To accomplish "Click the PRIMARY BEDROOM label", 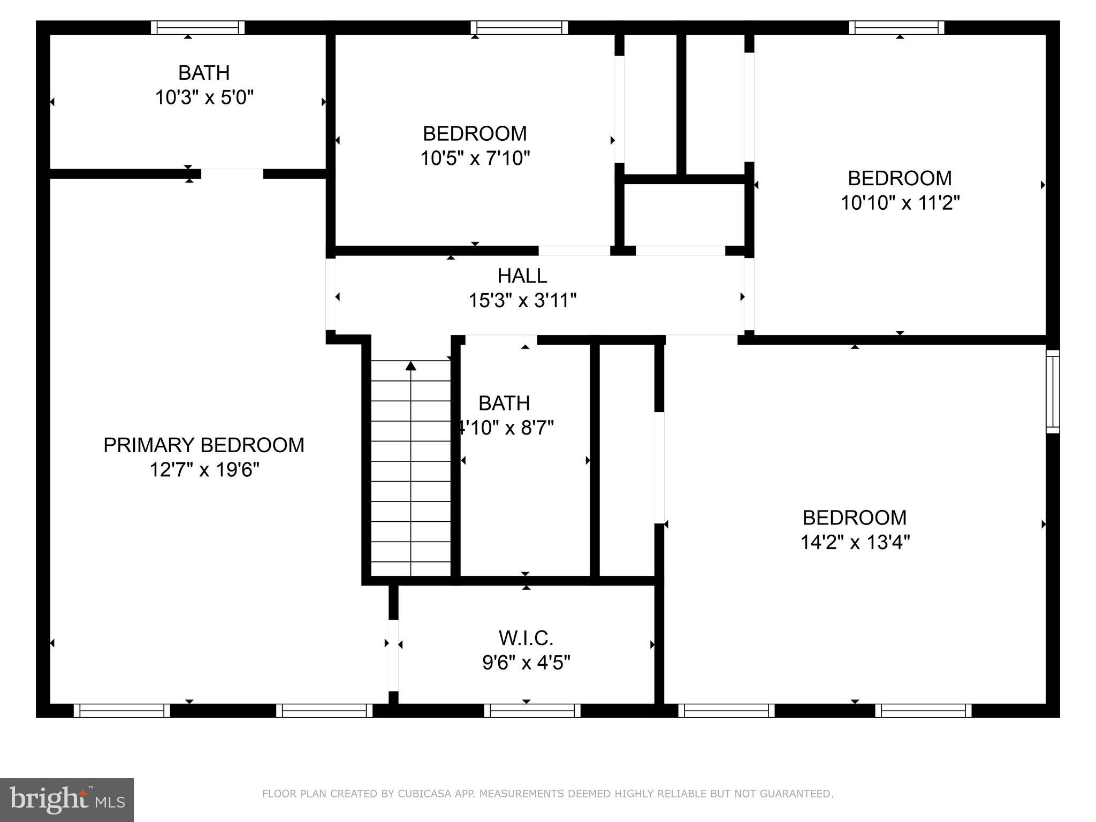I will (203, 445).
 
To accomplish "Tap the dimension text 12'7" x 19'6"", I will (204, 470).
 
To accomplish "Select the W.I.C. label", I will (526, 638).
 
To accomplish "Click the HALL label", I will (522, 276).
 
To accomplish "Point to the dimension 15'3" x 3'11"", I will (522, 301).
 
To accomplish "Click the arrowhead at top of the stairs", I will (410, 366).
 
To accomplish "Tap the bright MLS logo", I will (66, 800).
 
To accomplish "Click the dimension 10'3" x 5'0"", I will (204, 98).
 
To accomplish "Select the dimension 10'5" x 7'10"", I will (475, 158).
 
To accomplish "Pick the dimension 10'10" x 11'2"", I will (900, 203).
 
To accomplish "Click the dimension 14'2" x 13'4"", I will (855, 543).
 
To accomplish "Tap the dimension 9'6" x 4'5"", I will (526, 663).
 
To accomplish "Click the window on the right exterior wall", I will (1053, 391).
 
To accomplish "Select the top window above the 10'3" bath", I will (197, 27).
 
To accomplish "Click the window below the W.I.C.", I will (532, 711).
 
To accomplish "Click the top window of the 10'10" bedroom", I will (896, 27).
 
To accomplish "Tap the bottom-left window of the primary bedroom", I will (121, 711).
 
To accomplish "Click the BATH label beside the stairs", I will (504, 403).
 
